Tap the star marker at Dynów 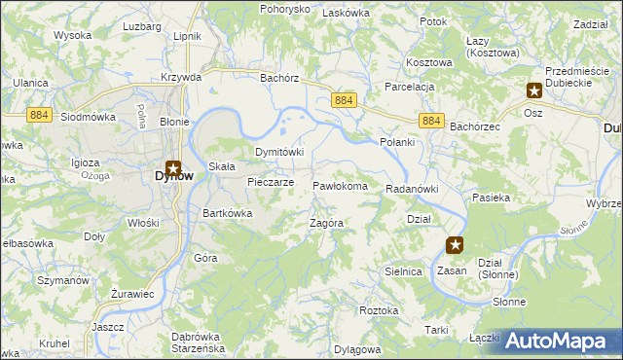(173, 167)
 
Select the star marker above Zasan (455, 245)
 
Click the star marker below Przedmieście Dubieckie (534, 90)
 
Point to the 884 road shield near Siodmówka (39, 114)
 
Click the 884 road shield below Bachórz (344, 101)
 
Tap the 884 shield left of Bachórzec (433, 121)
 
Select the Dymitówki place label (279, 153)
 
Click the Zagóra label (327, 223)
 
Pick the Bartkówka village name (228, 213)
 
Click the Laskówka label (342, 13)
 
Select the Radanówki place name (413, 189)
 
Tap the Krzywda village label (182, 76)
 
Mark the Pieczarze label (271, 182)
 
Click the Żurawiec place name (132, 294)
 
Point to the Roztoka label (379, 310)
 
